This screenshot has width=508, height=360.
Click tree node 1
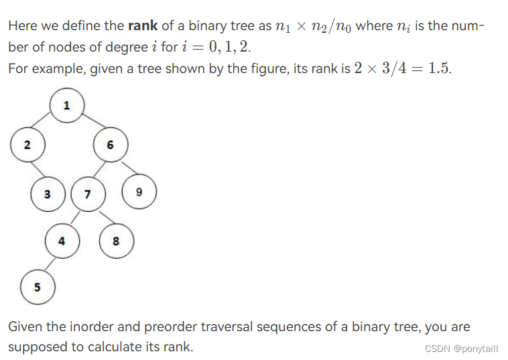pyautogui.click(x=66, y=105)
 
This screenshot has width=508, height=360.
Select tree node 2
pyautogui.click(x=27, y=144)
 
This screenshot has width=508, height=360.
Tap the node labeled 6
pyautogui.click(x=110, y=144)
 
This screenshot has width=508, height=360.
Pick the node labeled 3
pyautogui.click(x=47, y=194)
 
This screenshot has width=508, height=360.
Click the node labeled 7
pyautogui.click(x=88, y=194)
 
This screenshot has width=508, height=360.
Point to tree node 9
pyautogui.click(x=139, y=192)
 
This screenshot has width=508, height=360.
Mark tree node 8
pyautogui.click(x=116, y=241)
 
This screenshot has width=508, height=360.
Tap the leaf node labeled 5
pyautogui.click(x=38, y=287)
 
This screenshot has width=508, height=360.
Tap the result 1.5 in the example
pyautogui.click(x=438, y=70)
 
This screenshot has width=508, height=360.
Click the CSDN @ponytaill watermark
pyautogui.click(x=462, y=348)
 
